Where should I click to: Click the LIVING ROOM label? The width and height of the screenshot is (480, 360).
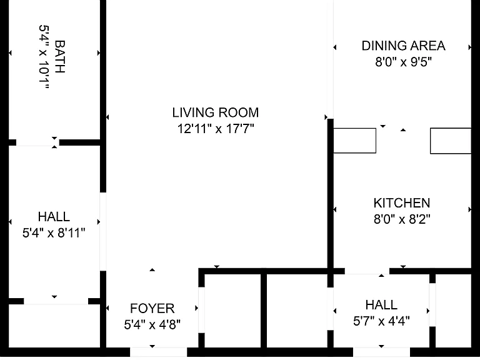[x=216, y=112]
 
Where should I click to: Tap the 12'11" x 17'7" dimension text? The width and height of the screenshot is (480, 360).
[x=216, y=129]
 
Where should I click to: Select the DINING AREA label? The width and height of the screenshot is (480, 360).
[x=404, y=46]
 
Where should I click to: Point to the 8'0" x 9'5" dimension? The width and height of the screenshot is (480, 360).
[x=404, y=62]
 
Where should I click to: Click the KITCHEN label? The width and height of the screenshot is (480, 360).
[x=402, y=203]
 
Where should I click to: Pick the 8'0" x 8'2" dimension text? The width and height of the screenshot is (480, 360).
[x=402, y=219]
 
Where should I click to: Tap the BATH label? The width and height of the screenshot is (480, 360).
[x=60, y=56]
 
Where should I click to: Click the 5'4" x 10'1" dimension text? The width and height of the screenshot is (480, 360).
[x=44, y=57]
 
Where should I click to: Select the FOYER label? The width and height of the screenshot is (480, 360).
[x=152, y=308]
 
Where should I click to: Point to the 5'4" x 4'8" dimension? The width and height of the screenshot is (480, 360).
[x=152, y=324]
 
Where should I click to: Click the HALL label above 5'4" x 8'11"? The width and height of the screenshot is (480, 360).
[x=54, y=217]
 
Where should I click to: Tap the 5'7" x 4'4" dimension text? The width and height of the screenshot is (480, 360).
[x=381, y=321]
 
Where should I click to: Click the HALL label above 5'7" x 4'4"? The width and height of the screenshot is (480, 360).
[x=381, y=305]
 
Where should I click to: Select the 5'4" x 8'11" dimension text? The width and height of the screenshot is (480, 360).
[x=54, y=233]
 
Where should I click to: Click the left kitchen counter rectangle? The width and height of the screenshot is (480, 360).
[x=354, y=141]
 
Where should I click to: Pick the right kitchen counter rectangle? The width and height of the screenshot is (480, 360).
[x=451, y=141]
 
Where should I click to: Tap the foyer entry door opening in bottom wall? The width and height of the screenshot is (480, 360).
[x=159, y=352]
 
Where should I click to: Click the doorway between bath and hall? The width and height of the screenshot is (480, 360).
[x=37, y=142]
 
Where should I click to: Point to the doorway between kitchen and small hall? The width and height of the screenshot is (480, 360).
[x=367, y=271]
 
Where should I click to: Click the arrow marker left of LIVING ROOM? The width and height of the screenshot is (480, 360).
[x=107, y=117]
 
